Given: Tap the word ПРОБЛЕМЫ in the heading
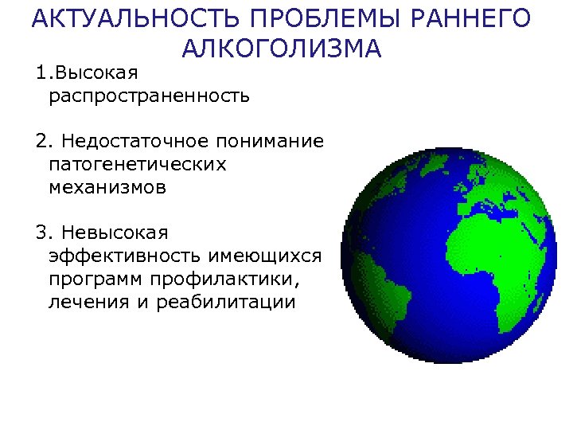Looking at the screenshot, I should point(290,19).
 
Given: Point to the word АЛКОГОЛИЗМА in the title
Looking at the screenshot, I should point(281,49).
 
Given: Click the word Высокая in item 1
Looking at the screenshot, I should point(95,73).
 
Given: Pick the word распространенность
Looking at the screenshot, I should point(149,97).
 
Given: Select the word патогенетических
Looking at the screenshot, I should point(137,165).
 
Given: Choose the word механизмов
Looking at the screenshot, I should point(107,188).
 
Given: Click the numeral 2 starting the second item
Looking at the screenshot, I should point(41,142).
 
